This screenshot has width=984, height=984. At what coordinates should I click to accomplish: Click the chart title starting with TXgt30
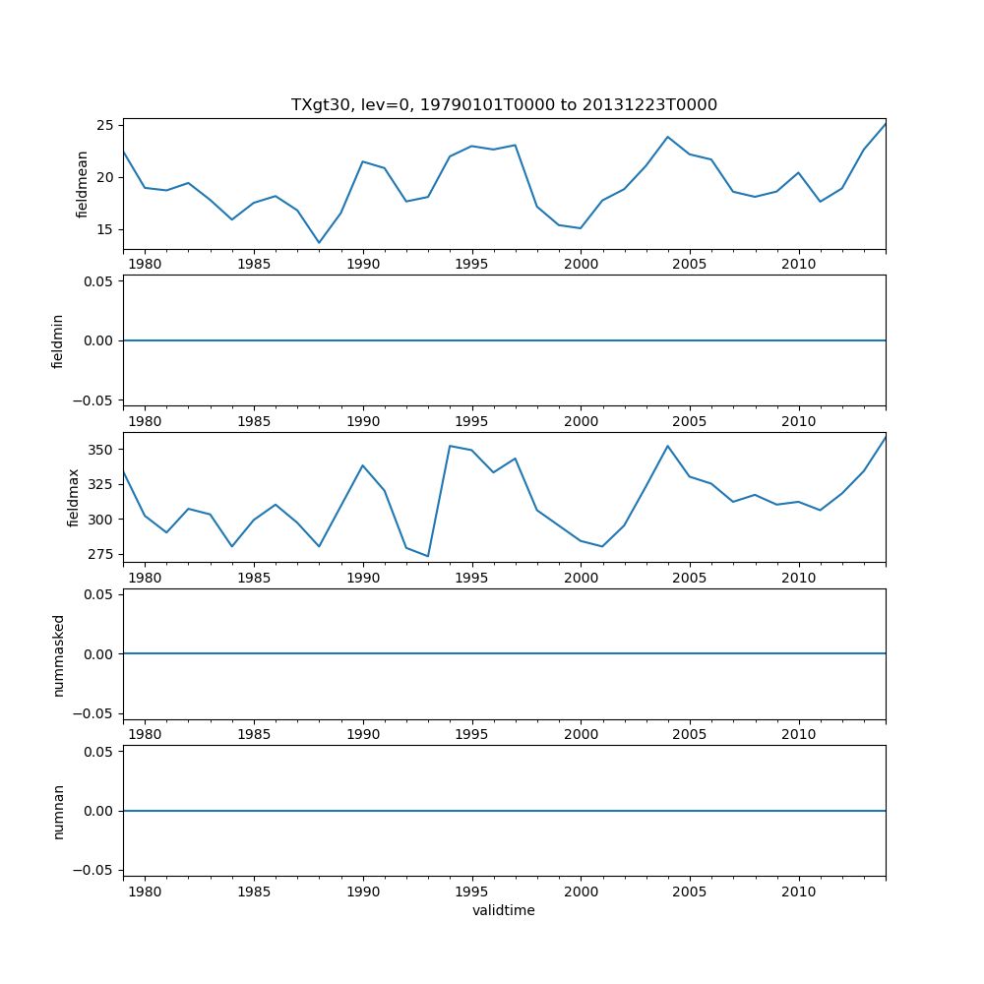point(504,104)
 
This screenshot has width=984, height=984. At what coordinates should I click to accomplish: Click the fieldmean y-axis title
point(83,184)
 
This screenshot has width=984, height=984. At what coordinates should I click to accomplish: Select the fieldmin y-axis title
point(58,340)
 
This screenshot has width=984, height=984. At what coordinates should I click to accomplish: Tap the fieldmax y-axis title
point(73,498)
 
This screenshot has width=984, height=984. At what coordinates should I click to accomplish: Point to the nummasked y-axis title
point(58,654)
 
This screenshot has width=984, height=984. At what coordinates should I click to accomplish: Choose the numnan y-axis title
point(58,811)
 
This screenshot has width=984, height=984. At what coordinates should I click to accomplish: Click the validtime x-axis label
point(504,911)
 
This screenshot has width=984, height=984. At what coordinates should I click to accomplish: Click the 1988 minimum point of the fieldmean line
point(319,242)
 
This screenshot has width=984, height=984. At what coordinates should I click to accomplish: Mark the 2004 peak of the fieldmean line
point(667,137)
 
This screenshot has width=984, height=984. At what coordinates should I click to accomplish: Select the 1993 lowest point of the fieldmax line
point(428,556)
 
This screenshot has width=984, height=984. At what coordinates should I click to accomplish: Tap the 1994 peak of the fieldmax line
point(450,446)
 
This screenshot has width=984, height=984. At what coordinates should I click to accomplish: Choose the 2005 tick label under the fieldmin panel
point(690,421)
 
